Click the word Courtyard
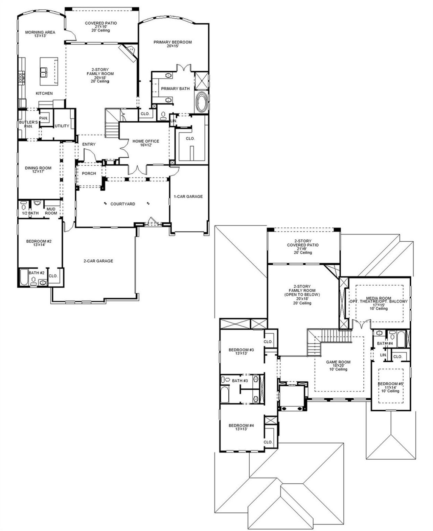click(x=123, y=204)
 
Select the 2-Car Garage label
click(x=98, y=261)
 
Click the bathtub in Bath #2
click(x=25, y=277)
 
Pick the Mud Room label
click(x=51, y=211)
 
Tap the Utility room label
click(x=62, y=126)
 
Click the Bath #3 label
click(x=240, y=381)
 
